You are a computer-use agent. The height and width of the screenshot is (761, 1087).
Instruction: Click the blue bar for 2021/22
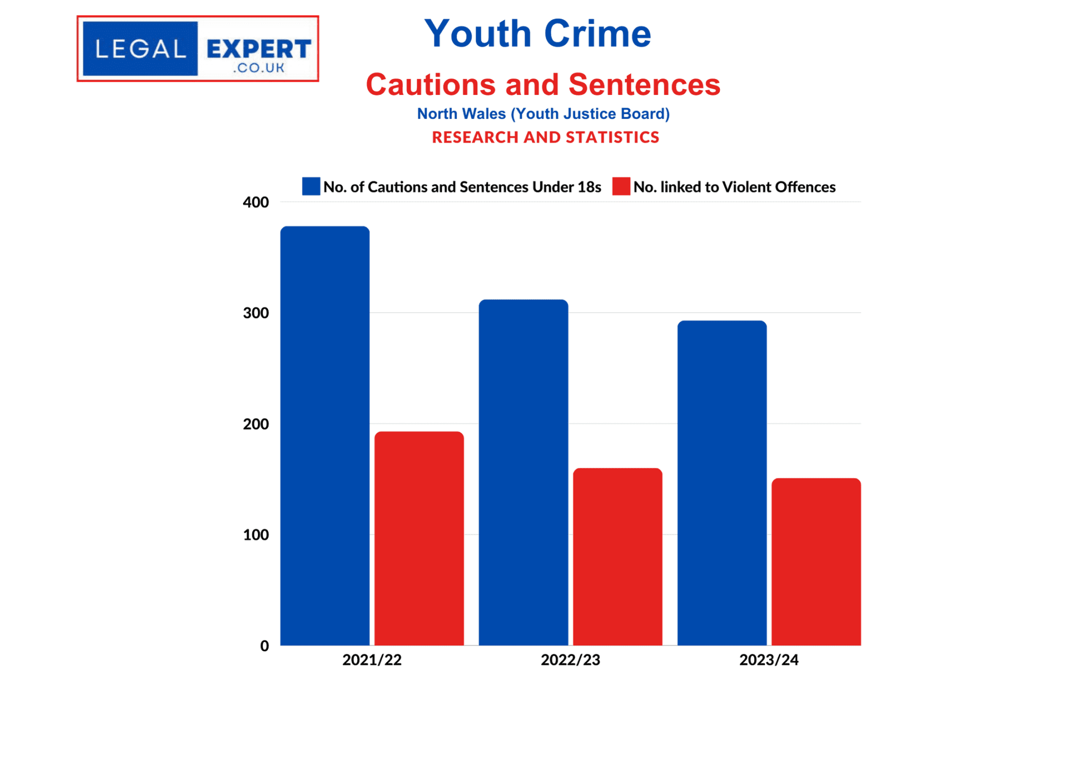coord(325,435)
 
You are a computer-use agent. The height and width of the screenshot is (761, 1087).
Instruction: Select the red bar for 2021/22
coord(419,538)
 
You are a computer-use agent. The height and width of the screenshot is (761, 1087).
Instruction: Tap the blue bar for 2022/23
coord(523,472)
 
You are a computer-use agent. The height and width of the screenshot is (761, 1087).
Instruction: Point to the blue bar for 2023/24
coord(722,483)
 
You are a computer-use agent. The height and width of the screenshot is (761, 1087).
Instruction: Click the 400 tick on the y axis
coord(256,202)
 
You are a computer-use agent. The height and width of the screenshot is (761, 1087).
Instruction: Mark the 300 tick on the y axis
coord(256,313)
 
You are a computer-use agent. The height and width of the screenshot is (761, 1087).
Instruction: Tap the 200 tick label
coord(256,424)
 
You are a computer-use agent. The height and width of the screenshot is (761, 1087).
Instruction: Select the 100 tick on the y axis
coord(256,535)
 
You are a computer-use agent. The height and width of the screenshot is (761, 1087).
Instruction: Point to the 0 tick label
coord(264,646)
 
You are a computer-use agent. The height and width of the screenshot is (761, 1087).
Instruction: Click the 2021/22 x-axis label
coord(372,660)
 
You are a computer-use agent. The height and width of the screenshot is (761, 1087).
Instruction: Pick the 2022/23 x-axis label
coord(570,660)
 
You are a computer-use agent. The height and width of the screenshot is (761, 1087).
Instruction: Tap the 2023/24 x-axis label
coord(769,660)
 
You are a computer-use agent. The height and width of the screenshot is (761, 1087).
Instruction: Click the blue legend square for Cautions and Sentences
coord(311,186)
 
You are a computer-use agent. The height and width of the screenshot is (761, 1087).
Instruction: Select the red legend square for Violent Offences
coord(621,186)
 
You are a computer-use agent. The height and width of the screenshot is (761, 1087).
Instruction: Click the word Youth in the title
coord(478,34)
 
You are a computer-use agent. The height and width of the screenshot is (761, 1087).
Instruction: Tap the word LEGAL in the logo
coord(141,49)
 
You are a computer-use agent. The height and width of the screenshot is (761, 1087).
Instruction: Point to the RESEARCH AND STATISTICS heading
coord(545,137)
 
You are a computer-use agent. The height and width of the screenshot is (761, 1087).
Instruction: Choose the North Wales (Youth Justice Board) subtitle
coord(543,114)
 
